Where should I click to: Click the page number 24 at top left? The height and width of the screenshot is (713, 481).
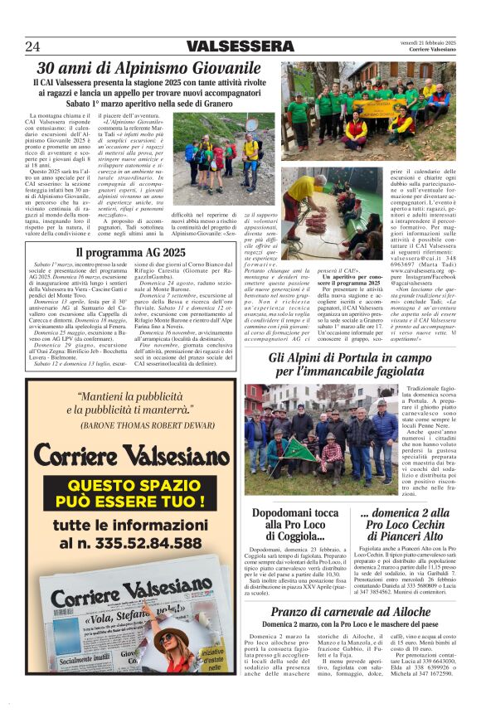tap(32, 46)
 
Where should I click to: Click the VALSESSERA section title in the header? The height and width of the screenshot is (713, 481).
tap(240, 46)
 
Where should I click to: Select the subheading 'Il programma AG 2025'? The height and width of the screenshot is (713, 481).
tap(131, 252)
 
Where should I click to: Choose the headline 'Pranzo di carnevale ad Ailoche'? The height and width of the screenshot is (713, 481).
tap(351, 611)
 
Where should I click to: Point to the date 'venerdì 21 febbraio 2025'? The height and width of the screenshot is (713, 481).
tap(430, 42)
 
